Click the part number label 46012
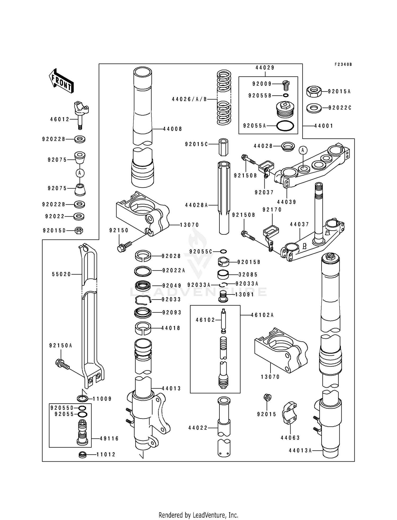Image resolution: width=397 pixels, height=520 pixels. point(60,120)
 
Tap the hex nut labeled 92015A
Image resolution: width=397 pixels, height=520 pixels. point(314,92)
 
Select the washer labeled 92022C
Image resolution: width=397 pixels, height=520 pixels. point(314,108)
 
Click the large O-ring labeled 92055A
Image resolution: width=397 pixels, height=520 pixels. point(285,126)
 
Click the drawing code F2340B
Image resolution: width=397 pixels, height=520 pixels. point(343,64)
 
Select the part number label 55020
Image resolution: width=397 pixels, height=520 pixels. point(61,275)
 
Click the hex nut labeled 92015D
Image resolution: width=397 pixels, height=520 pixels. point(79,230)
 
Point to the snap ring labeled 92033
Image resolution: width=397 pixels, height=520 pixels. point(143,299)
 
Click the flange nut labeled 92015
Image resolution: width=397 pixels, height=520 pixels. point(267,397)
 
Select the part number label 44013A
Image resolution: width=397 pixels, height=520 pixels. point(300,450)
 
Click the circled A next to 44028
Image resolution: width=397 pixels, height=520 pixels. point(303,150)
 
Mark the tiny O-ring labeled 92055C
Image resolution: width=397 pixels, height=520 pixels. point(223,251)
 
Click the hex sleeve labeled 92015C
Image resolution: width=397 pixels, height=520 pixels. point(224,147)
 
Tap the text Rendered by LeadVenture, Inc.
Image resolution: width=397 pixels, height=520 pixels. point(198,515)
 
